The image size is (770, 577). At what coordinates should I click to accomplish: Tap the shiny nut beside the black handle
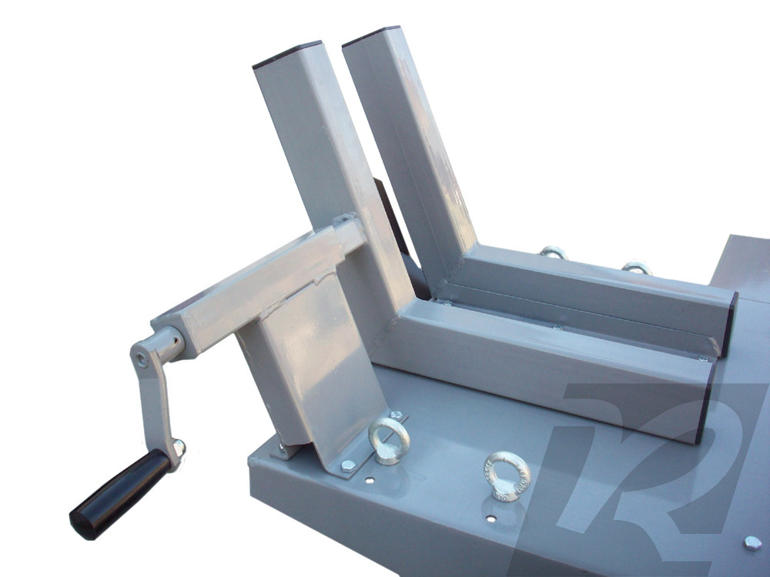coord(179,445)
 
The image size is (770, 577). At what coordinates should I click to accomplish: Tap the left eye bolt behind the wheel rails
coord(552,252)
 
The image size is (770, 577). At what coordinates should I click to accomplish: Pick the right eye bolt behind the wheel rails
coord(636,268)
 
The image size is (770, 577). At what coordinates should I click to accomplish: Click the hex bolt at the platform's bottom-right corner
coord(752,543)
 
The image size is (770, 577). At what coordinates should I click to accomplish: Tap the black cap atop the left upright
coord(286,55)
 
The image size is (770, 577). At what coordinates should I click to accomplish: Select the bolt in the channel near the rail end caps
coord(702,358)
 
